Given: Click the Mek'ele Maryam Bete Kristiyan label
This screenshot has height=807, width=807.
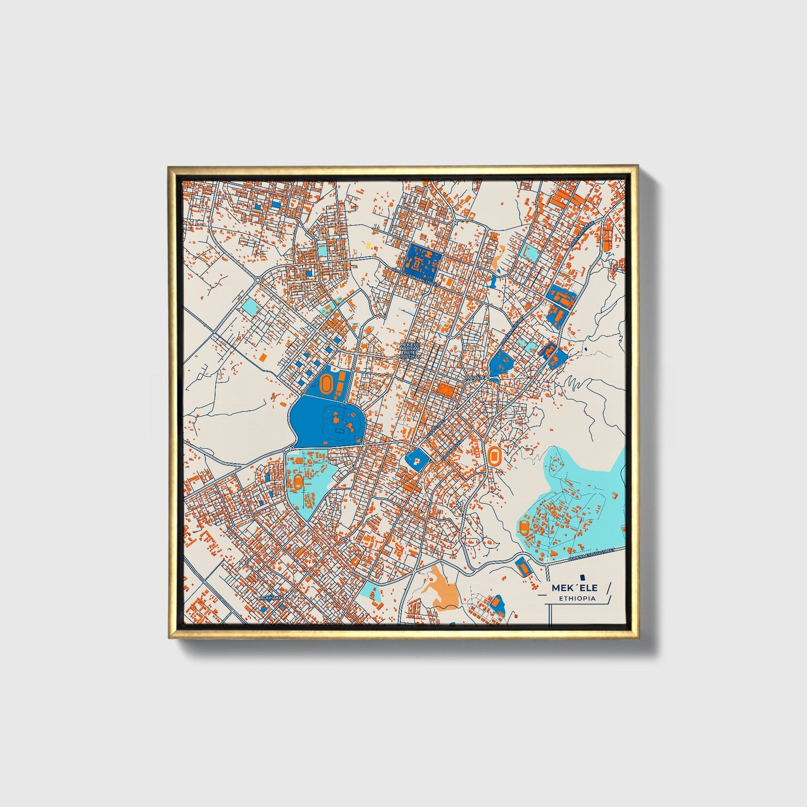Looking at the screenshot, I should coord(410,350).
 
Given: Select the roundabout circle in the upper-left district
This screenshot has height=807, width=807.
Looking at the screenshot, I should coord(257,279).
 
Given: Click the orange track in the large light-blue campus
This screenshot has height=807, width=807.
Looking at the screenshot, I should coord(524,527).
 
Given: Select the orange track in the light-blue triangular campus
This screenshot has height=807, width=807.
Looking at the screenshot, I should coord(298,481).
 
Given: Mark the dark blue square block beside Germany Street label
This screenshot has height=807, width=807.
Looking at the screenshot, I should coord(424,260).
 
